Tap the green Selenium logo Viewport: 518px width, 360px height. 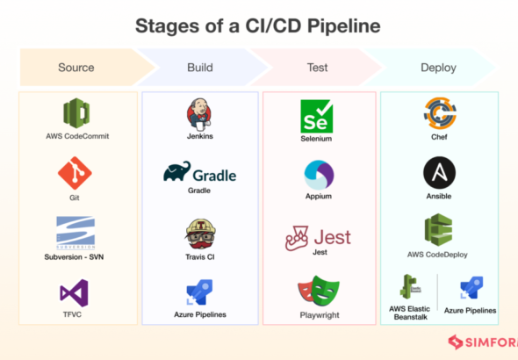[x=316, y=116]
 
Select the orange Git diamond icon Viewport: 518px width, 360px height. [x=75, y=173]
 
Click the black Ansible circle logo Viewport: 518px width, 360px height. [x=439, y=173]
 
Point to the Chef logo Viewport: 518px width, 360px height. [x=440, y=113]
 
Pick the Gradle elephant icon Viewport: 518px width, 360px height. [x=177, y=171]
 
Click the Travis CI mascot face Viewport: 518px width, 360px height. [x=200, y=234]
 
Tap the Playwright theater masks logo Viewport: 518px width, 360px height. [x=319, y=291]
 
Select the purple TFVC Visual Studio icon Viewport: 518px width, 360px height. [x=75, y=293]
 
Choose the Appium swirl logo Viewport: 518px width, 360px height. [x=319, y=175]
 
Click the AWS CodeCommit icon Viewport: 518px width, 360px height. [x=76, y=113]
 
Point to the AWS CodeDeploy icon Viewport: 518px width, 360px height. [x=438, y=230]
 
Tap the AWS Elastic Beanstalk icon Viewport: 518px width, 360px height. [x=410, y=286]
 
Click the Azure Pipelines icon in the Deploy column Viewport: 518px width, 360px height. [x=471, y=288]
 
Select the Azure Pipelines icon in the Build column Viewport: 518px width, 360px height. [x=199, y=292]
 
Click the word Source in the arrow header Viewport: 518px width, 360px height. [x=76, y=68]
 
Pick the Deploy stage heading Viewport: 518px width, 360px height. [x=438, y=68]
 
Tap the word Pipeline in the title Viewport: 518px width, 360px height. [x=344, y=26]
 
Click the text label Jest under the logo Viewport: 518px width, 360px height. [x=320, y=252]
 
